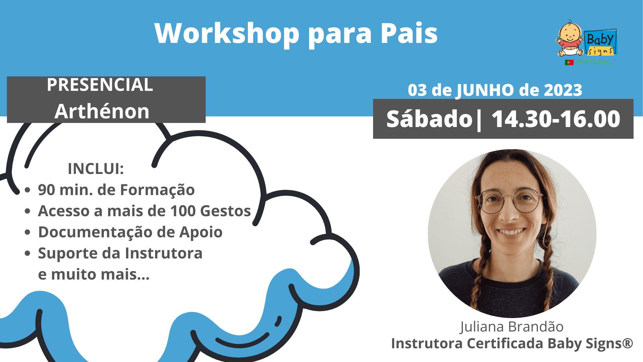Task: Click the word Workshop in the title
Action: (x=227, y=34)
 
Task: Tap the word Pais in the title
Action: (x=409, y=33)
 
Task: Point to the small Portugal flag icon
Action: (x=569, y=62)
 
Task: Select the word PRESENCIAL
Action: (x=100, y=85)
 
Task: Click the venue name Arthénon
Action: (x=102, y=111)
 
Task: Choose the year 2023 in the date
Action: (x=563, y=90)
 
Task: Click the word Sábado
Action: (x=429, y=119)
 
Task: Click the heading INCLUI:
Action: (x=96, y=169)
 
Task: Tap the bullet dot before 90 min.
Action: (x=27, y=190)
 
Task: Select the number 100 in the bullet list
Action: (x=183, y=211)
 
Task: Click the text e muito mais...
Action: (x=94, y=274)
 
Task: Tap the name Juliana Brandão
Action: (x=512, y=327)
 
